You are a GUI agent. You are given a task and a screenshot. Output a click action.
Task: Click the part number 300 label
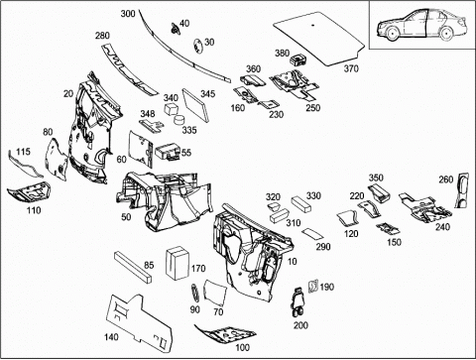(128, 14)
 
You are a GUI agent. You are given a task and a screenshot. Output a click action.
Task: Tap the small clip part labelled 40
(176, 29)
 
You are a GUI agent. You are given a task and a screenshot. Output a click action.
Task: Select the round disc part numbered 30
(197, 46)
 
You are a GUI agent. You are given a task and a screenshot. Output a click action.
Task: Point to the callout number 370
(351, 68)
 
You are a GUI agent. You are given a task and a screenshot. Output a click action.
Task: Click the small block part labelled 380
(297, 60)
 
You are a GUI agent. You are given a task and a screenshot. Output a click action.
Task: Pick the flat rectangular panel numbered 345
(195, 104)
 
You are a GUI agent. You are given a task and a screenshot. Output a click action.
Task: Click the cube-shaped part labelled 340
(172, 109)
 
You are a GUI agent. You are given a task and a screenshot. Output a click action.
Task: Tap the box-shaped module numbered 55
(168, 153)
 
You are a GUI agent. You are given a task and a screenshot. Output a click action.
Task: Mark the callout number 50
(126, 217)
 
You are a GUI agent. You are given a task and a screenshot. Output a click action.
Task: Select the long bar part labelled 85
(133, 267)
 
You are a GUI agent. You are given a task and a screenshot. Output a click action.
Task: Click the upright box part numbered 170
(178, 263)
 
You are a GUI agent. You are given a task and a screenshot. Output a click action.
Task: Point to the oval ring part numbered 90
(195, 293)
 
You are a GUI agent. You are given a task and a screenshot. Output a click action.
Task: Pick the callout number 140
(111, 337)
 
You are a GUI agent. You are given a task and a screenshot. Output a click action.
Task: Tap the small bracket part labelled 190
(312, 286)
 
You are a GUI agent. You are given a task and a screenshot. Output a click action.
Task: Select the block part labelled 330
(301, 204)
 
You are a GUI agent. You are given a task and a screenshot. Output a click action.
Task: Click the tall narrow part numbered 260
(462, 190)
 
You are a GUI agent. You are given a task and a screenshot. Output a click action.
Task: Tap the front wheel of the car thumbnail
(393, 34)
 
